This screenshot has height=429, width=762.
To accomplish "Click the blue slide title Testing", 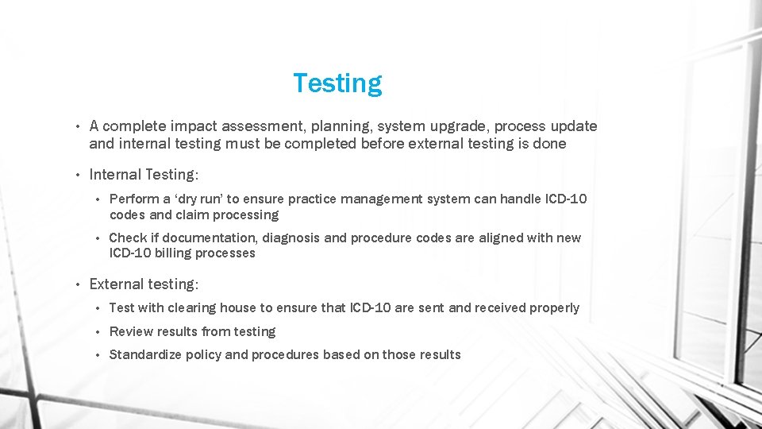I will (x=337, y=83).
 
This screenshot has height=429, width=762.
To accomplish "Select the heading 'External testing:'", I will (x=144, y=284).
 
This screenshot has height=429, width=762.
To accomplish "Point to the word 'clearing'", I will (x=189, y=307).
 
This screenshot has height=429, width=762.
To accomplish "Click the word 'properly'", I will (x=553, y=307).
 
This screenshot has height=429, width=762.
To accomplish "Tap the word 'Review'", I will (x=131, y=331).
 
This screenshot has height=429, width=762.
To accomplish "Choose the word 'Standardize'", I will (x=145, y=354).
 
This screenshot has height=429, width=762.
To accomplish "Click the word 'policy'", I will (x=203, y=354).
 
